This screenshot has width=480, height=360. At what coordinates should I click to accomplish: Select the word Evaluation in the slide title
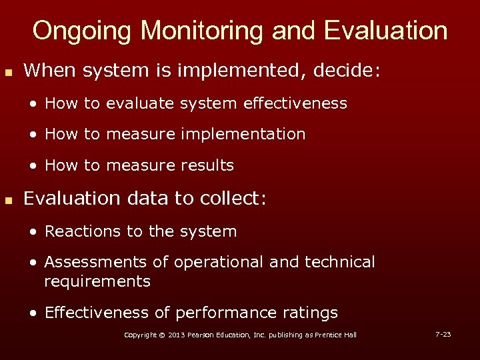pos(385,31)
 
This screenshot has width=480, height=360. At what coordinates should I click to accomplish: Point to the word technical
pos(340,263)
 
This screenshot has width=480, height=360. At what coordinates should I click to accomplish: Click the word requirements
pos(97,281)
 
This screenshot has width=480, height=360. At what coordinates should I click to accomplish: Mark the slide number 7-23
pos(443,334)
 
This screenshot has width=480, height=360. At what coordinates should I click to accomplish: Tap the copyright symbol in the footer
pos(159,335)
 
